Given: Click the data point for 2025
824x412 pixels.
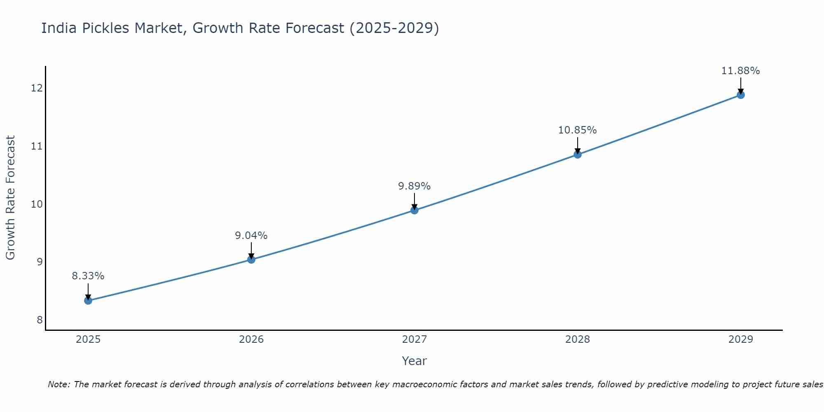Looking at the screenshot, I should coord(88,300).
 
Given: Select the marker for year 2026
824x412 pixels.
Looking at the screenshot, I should coord(251,259).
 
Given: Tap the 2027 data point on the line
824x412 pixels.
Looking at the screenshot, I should coord(414,210).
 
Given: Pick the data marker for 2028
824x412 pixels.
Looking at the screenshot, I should coord(578,154).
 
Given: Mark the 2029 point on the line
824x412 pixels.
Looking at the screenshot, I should coord(741,95).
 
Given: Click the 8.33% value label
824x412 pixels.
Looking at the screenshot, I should coord(88,276).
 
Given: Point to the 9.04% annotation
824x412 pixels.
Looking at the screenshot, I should coord(251,236).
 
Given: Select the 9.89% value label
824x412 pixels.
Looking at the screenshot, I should coord(414,186).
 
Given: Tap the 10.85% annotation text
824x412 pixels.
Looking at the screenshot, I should coord(578,130).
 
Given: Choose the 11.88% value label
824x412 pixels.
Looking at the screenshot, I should coord(741,71).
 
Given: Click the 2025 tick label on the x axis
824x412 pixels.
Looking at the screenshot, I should coord(88,339).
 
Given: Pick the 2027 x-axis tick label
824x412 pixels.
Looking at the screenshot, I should coord(414,339).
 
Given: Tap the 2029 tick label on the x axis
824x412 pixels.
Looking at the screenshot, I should coord(741,339).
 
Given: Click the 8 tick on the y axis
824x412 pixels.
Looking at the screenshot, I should coord(40,320).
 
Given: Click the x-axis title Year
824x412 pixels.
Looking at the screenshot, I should coord(414,361).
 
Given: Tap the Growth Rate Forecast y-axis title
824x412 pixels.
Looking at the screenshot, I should coord(11,198).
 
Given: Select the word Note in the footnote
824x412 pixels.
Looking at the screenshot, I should coord(59,384).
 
